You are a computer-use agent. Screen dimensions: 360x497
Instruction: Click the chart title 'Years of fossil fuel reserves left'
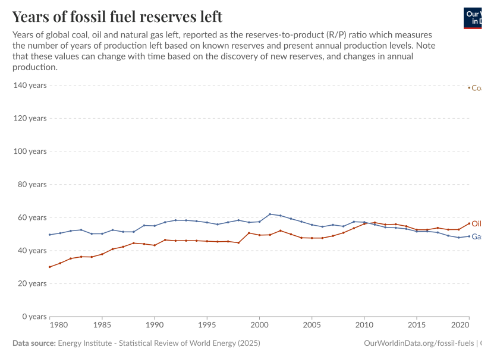pos(117,16)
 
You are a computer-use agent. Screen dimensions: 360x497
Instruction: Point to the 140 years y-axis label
pos(30,86)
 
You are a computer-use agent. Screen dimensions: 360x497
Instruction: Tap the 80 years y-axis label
pos(32,184)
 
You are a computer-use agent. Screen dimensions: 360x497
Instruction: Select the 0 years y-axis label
pos(34,317)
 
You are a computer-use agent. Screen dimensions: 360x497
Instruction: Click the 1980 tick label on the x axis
pos(58,326)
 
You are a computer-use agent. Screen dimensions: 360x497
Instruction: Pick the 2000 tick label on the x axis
pos(259,326)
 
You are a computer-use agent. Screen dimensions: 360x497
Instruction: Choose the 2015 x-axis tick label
pos(417,326)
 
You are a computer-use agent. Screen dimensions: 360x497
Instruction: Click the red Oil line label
pos(476,224)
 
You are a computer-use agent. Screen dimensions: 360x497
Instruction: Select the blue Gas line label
pos(476,236)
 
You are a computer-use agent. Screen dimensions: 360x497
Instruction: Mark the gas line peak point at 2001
pos(270,214)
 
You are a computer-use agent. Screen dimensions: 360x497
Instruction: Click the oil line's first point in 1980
pos(49,267)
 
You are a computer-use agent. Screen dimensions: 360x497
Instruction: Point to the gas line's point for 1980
pos(49,235)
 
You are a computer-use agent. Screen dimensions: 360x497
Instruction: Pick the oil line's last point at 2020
pos(469,223)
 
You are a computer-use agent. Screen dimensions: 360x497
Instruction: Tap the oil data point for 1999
pos(249,233)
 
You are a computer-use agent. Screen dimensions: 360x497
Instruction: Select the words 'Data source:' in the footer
pos(33,343)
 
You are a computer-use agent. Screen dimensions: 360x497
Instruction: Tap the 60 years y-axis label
pos(32,217)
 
